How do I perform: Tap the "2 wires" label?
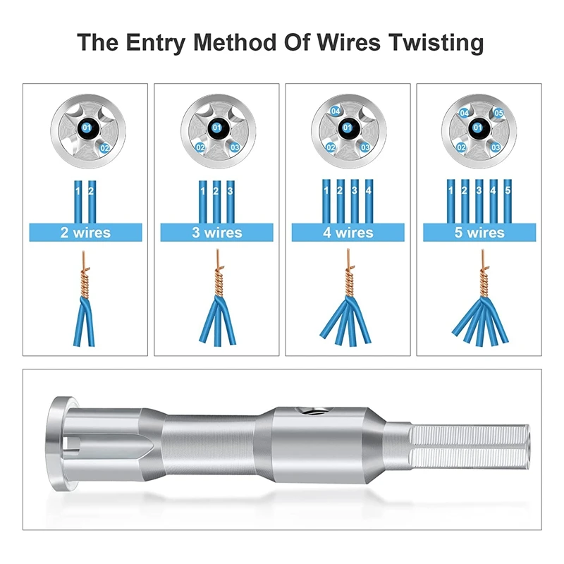85,233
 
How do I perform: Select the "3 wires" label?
216,233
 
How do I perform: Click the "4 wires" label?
348,233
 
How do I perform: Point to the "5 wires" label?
479,233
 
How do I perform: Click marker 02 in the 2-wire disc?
105,148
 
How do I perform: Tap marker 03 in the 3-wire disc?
235,147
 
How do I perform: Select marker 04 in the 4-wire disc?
336,112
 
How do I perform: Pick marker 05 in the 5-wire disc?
498,113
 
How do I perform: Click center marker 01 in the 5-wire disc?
479,128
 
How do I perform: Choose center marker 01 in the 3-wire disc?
217,128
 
